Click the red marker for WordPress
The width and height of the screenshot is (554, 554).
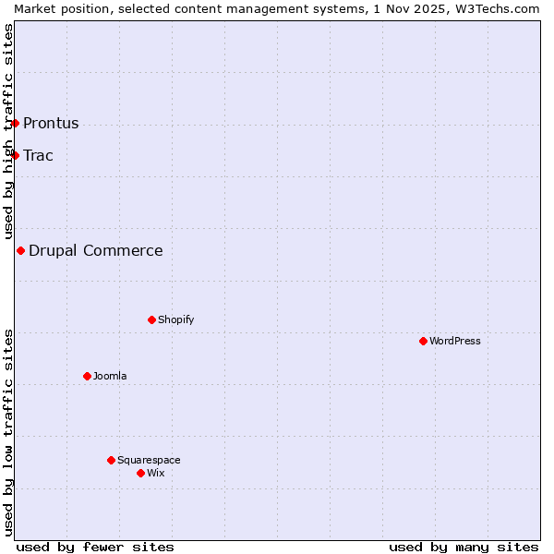coord(423,341)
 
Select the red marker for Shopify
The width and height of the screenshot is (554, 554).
coord(151,319)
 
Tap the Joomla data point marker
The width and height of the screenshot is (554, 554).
coord(87,376)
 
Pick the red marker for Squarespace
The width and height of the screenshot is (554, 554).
coord(111,460)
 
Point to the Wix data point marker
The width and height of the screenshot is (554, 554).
coord(140,473)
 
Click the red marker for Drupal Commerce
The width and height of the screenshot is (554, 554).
coord(20,250)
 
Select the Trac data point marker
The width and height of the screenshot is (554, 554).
coord(15,155)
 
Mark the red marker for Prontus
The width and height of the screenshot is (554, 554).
coord(15,123)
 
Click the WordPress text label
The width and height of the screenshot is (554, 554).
coord(455,341)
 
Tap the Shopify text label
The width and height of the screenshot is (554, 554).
coord(176,319)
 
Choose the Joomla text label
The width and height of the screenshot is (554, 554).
coord(110,376)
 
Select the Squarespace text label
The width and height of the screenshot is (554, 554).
coord(149,460)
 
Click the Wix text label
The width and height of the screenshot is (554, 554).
coord(156,473)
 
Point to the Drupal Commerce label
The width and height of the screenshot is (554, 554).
coord(96,250)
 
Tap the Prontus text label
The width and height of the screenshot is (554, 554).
coord(51,123)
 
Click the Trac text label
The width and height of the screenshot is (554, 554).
coord(38,155)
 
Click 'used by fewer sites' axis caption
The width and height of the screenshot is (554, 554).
coord(95,547)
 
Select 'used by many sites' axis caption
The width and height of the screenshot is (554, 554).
coord(464,547)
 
